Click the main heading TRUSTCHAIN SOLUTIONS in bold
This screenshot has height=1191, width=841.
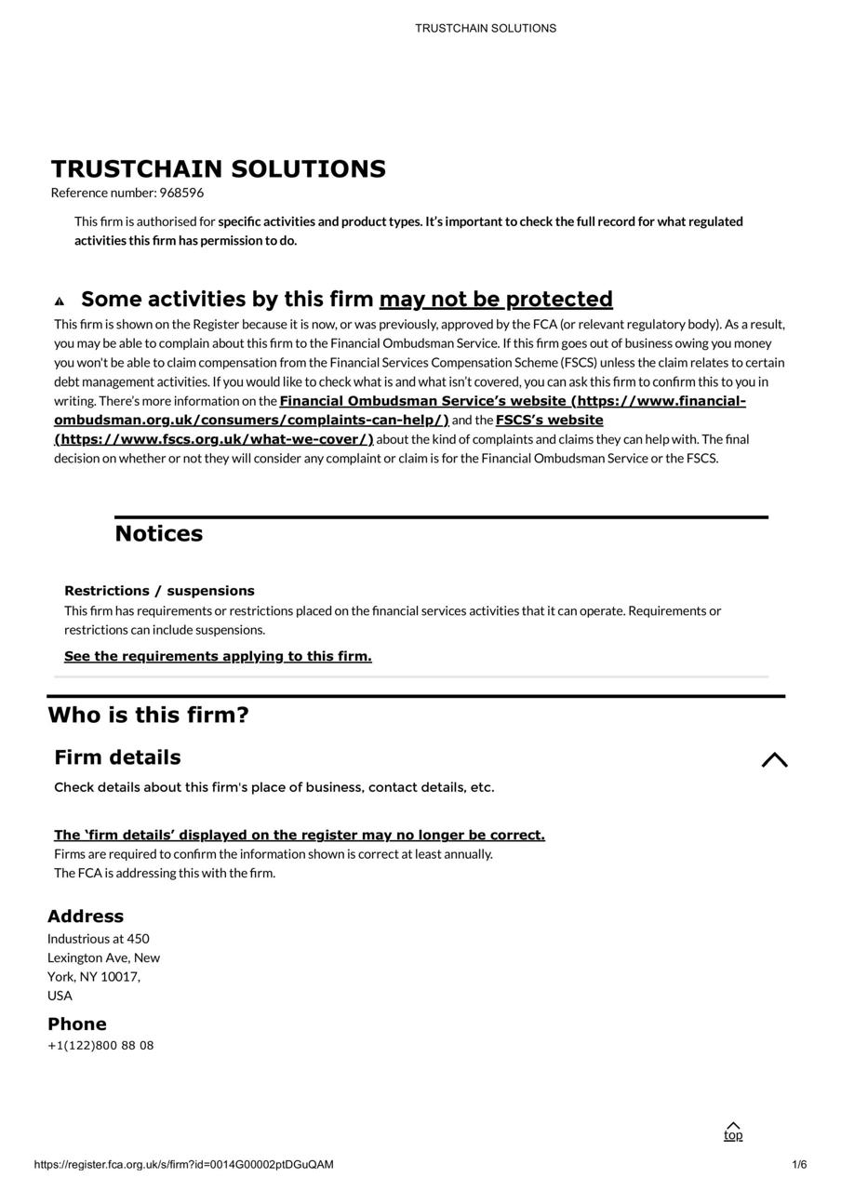[218, 169]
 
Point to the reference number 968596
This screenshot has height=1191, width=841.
[181, 193]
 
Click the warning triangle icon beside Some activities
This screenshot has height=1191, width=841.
[60, 301]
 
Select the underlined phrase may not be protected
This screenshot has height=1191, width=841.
[496, 300]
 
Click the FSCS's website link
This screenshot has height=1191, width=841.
[549, 421]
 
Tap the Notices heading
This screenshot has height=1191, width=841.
[158, 534]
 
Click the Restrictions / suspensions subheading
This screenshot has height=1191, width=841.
[159, 591]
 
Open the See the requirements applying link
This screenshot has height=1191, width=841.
[218, 657]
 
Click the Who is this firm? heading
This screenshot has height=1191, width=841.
[148, 716]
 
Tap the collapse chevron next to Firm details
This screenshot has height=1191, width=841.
[774, 760]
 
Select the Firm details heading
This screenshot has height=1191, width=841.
[117, 757]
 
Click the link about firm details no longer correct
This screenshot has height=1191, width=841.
[299, 836]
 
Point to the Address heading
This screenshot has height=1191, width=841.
[86, 917]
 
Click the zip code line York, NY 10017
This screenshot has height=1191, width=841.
[94, 977]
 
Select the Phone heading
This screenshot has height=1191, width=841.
[77, 1024]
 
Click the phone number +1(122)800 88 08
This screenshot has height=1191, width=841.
[100, 1046]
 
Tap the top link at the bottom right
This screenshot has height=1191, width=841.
[733, 1132]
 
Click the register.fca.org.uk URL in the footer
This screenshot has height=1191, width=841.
[183, 1165]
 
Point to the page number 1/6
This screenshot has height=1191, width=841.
[799, 1165]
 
